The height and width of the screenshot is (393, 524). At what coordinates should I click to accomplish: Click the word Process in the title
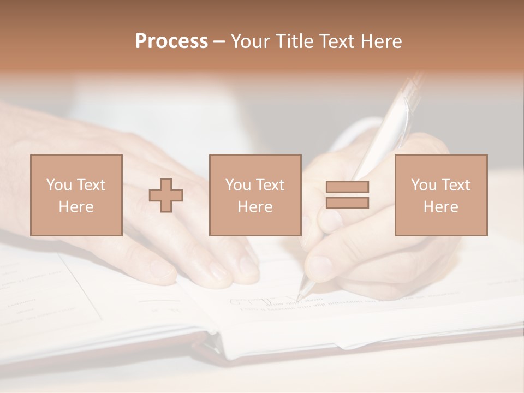click(x=171, y=41)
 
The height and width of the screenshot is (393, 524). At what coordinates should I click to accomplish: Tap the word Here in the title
click(x=380, y=41)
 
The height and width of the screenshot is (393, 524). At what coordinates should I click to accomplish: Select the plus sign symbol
click(x=166, y=195)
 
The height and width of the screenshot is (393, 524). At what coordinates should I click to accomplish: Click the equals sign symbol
click(x=347, y=195)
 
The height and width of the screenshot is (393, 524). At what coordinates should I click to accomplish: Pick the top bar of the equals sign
click(x=347, y=187)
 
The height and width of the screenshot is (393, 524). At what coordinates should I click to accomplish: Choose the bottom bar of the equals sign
click(x=347, y=203)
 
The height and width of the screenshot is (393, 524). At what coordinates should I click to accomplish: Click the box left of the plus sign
click(x=76, y=195)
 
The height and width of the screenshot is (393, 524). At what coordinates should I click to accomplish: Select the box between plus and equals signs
click(x=255, y=195)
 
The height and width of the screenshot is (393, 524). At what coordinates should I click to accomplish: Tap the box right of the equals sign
click(x=441, y=195)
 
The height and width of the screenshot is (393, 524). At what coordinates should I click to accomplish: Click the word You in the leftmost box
click(x=59, y=185)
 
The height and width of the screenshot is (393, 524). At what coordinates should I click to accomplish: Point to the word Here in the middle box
click(x=255, y=207)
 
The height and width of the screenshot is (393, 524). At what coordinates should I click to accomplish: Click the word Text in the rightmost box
click(x=456, y=185)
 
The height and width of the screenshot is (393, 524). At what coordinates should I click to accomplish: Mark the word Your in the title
click(x=251, y=41)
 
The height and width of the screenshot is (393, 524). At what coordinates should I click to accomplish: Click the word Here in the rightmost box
click(x=441, y=207)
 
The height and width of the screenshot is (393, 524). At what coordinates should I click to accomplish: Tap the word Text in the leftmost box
click(x=91, y=185)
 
